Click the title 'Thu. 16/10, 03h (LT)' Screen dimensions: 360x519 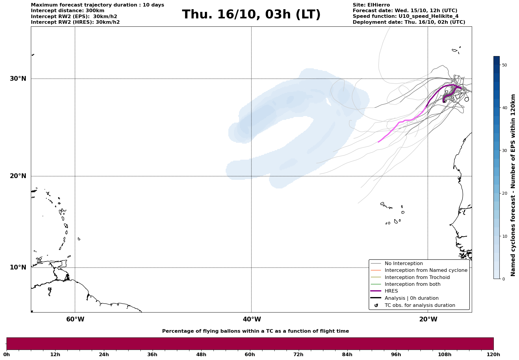(251, 15)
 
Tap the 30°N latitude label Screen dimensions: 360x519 (18, 79)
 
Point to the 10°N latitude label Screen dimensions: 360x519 (18, 267)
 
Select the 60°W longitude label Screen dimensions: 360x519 (75, 319)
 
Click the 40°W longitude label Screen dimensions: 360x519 (252, 319)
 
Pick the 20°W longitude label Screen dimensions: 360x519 (428, 319)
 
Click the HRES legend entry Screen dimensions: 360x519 (391, 291)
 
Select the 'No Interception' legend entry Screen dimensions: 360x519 (404, 264)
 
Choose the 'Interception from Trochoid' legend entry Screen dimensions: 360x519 (417, 277)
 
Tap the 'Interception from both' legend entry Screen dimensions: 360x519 (412, 284)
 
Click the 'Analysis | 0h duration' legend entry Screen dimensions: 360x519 (411, 298)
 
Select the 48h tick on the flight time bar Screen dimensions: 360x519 (201, 354)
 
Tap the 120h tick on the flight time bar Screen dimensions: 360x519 (493, 354)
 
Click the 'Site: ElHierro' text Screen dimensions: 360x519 (371, 5)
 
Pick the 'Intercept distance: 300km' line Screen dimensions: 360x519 (67, 11)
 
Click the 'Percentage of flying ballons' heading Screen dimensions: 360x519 (255, 331)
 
